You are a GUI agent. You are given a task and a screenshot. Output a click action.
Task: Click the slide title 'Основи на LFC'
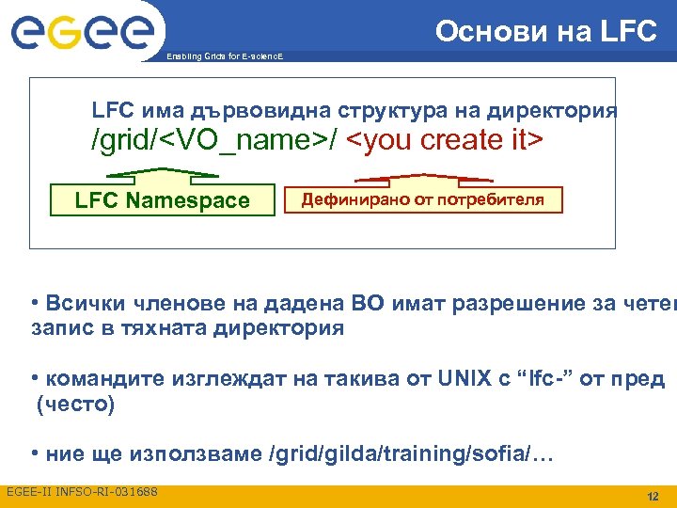(x=545, y=31)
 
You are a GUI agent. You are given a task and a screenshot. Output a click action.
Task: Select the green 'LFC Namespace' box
(x=162, y=200)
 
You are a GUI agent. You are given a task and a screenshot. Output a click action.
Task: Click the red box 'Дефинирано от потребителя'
(x=422, y=199)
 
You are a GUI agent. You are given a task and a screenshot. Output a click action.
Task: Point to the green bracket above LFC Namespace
(x=164, y=174)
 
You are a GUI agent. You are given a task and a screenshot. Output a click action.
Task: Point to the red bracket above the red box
(x=422, y=177)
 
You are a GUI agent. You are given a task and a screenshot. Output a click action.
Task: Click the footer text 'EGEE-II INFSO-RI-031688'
(x=82, y=491)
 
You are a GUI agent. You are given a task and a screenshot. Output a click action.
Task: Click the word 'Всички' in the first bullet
(x=88, y=303)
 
